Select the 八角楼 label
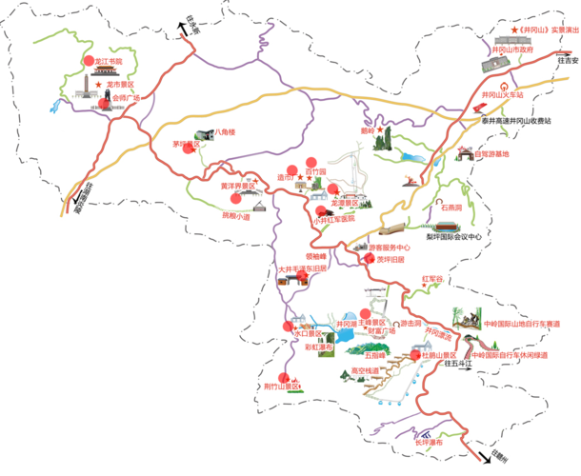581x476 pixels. pos(224,131)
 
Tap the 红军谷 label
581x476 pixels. pos(433,279)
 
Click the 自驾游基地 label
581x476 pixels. pos(491,154)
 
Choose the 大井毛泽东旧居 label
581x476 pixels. pos(303,269)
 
